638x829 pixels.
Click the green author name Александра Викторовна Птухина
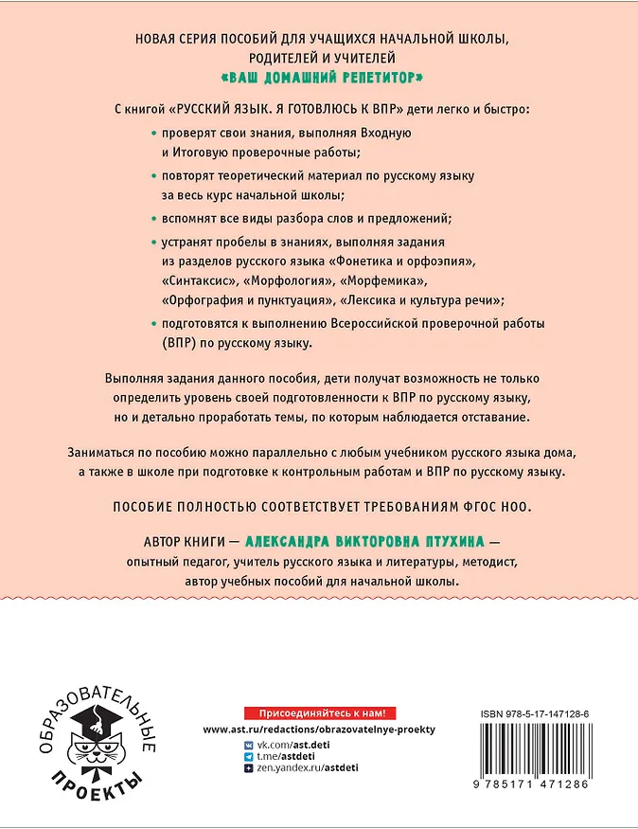click(x=363, y=541)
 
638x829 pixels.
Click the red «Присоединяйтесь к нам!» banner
click(x=319, y=712)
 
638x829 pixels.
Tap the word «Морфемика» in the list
click(x=383, y=282)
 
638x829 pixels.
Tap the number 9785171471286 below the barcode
click(x=536, y=785)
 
